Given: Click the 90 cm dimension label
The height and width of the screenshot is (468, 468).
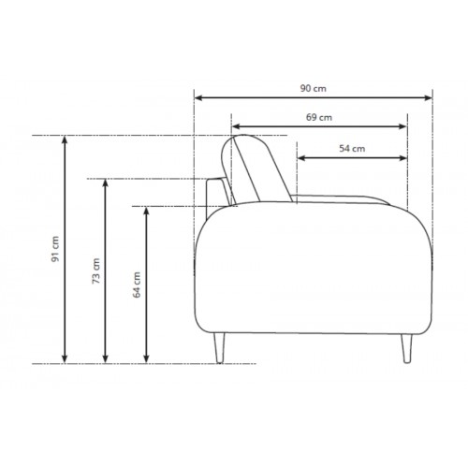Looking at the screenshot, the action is [314, 89].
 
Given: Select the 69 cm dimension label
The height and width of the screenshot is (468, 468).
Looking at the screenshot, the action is [319, 118].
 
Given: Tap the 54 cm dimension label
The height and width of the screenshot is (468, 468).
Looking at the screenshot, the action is [352, 149].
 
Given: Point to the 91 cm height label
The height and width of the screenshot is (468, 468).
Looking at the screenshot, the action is [55, 249].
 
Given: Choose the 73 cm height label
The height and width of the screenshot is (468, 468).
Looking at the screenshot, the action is [96, 271].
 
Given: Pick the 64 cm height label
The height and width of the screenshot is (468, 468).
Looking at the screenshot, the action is [137, 285].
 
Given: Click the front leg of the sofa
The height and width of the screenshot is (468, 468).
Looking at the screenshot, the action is [406, 348].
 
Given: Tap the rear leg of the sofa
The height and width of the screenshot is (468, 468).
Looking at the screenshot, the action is [219, 348].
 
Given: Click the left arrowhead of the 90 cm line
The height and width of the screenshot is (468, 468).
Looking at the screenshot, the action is [199, 98].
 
